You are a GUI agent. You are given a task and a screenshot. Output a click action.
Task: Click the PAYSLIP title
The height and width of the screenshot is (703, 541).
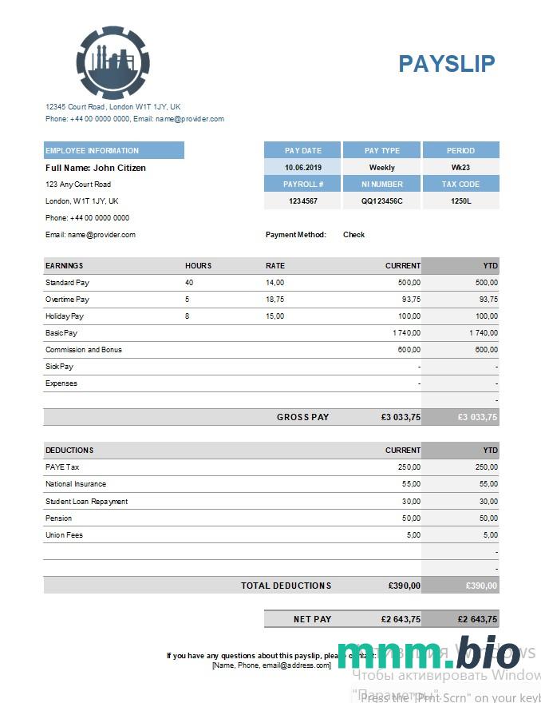pos(447,63)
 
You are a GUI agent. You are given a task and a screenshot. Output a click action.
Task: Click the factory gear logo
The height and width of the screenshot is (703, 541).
pos(113,62)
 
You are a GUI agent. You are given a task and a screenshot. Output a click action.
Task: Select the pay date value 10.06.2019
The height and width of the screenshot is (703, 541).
pos(302,168)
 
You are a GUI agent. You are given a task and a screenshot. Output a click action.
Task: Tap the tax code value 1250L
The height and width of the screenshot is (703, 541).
pos(460,201)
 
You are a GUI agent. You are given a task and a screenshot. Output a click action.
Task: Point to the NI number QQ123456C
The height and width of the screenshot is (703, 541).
pos(381,201)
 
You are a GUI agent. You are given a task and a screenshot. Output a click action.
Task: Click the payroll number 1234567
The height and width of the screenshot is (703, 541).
pos(302,201)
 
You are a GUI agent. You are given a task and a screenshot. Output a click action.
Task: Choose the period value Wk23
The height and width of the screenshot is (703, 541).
pos(460,168)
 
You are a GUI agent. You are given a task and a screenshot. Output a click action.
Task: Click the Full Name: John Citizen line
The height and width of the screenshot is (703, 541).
pos(96,168)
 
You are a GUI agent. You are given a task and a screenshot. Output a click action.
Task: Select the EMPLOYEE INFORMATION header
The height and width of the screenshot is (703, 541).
pos(92,150)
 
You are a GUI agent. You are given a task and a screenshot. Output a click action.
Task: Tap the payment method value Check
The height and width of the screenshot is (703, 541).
pos(353,235)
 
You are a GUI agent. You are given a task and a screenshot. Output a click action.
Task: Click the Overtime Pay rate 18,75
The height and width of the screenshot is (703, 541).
pos(274,300)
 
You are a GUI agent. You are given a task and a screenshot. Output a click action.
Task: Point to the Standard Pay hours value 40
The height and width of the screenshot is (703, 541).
pos(189,283)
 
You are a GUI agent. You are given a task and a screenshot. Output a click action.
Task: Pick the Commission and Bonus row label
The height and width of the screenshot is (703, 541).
pos(84,350)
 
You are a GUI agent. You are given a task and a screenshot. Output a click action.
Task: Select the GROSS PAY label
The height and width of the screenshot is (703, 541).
pos(302,417)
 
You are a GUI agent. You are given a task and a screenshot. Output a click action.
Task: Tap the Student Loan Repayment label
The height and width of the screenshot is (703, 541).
pos(86,502)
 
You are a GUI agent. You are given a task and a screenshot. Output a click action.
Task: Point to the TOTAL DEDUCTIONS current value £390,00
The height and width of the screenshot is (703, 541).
pos(404,586)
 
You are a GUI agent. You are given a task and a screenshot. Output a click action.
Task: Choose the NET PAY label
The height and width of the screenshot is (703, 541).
pos(312,619)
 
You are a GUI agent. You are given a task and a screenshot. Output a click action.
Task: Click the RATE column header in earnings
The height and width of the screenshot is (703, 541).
pos(275,265)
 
